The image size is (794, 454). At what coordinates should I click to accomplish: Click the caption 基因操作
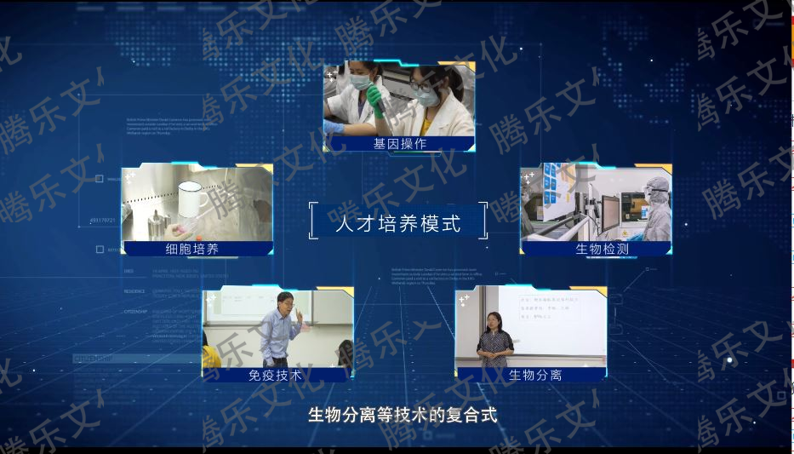click(x=399, y=144)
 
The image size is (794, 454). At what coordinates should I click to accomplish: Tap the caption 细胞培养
click(x=192, y=249)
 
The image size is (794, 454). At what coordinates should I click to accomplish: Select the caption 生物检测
click(x=602, y=249)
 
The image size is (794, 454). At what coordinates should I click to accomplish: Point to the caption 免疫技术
click(x=275, y=375)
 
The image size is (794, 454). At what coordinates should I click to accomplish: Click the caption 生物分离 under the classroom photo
click(x=535, y=375)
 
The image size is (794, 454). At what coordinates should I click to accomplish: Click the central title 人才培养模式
click(x=397, y=224)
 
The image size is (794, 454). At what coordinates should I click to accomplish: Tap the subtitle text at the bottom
click(x=402, y=416)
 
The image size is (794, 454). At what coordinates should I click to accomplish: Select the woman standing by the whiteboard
click(x=494, y=342)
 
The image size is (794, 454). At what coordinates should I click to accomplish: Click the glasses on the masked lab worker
click(x=423, y=86)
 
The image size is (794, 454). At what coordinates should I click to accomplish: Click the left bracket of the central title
click(x=312, y=220)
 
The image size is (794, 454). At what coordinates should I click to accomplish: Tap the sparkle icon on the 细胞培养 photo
click(x=130, y=177)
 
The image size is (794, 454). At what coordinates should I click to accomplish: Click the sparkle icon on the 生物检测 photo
click(x=529, y=177)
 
